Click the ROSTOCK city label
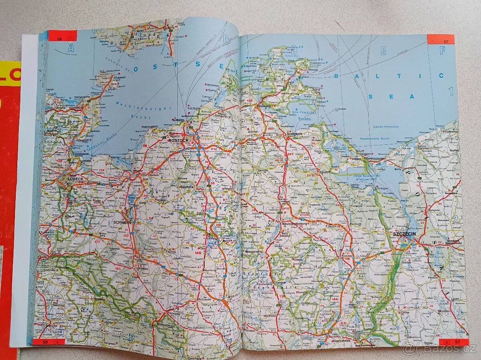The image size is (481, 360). pos(178,141)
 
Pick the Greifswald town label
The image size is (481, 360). pos(295,122)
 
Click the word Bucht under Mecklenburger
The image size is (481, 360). pos(143,118)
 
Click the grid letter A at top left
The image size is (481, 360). pos(71,49)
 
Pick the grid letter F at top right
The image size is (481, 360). pos(442,51)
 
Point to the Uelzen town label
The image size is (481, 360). pos(53,327)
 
